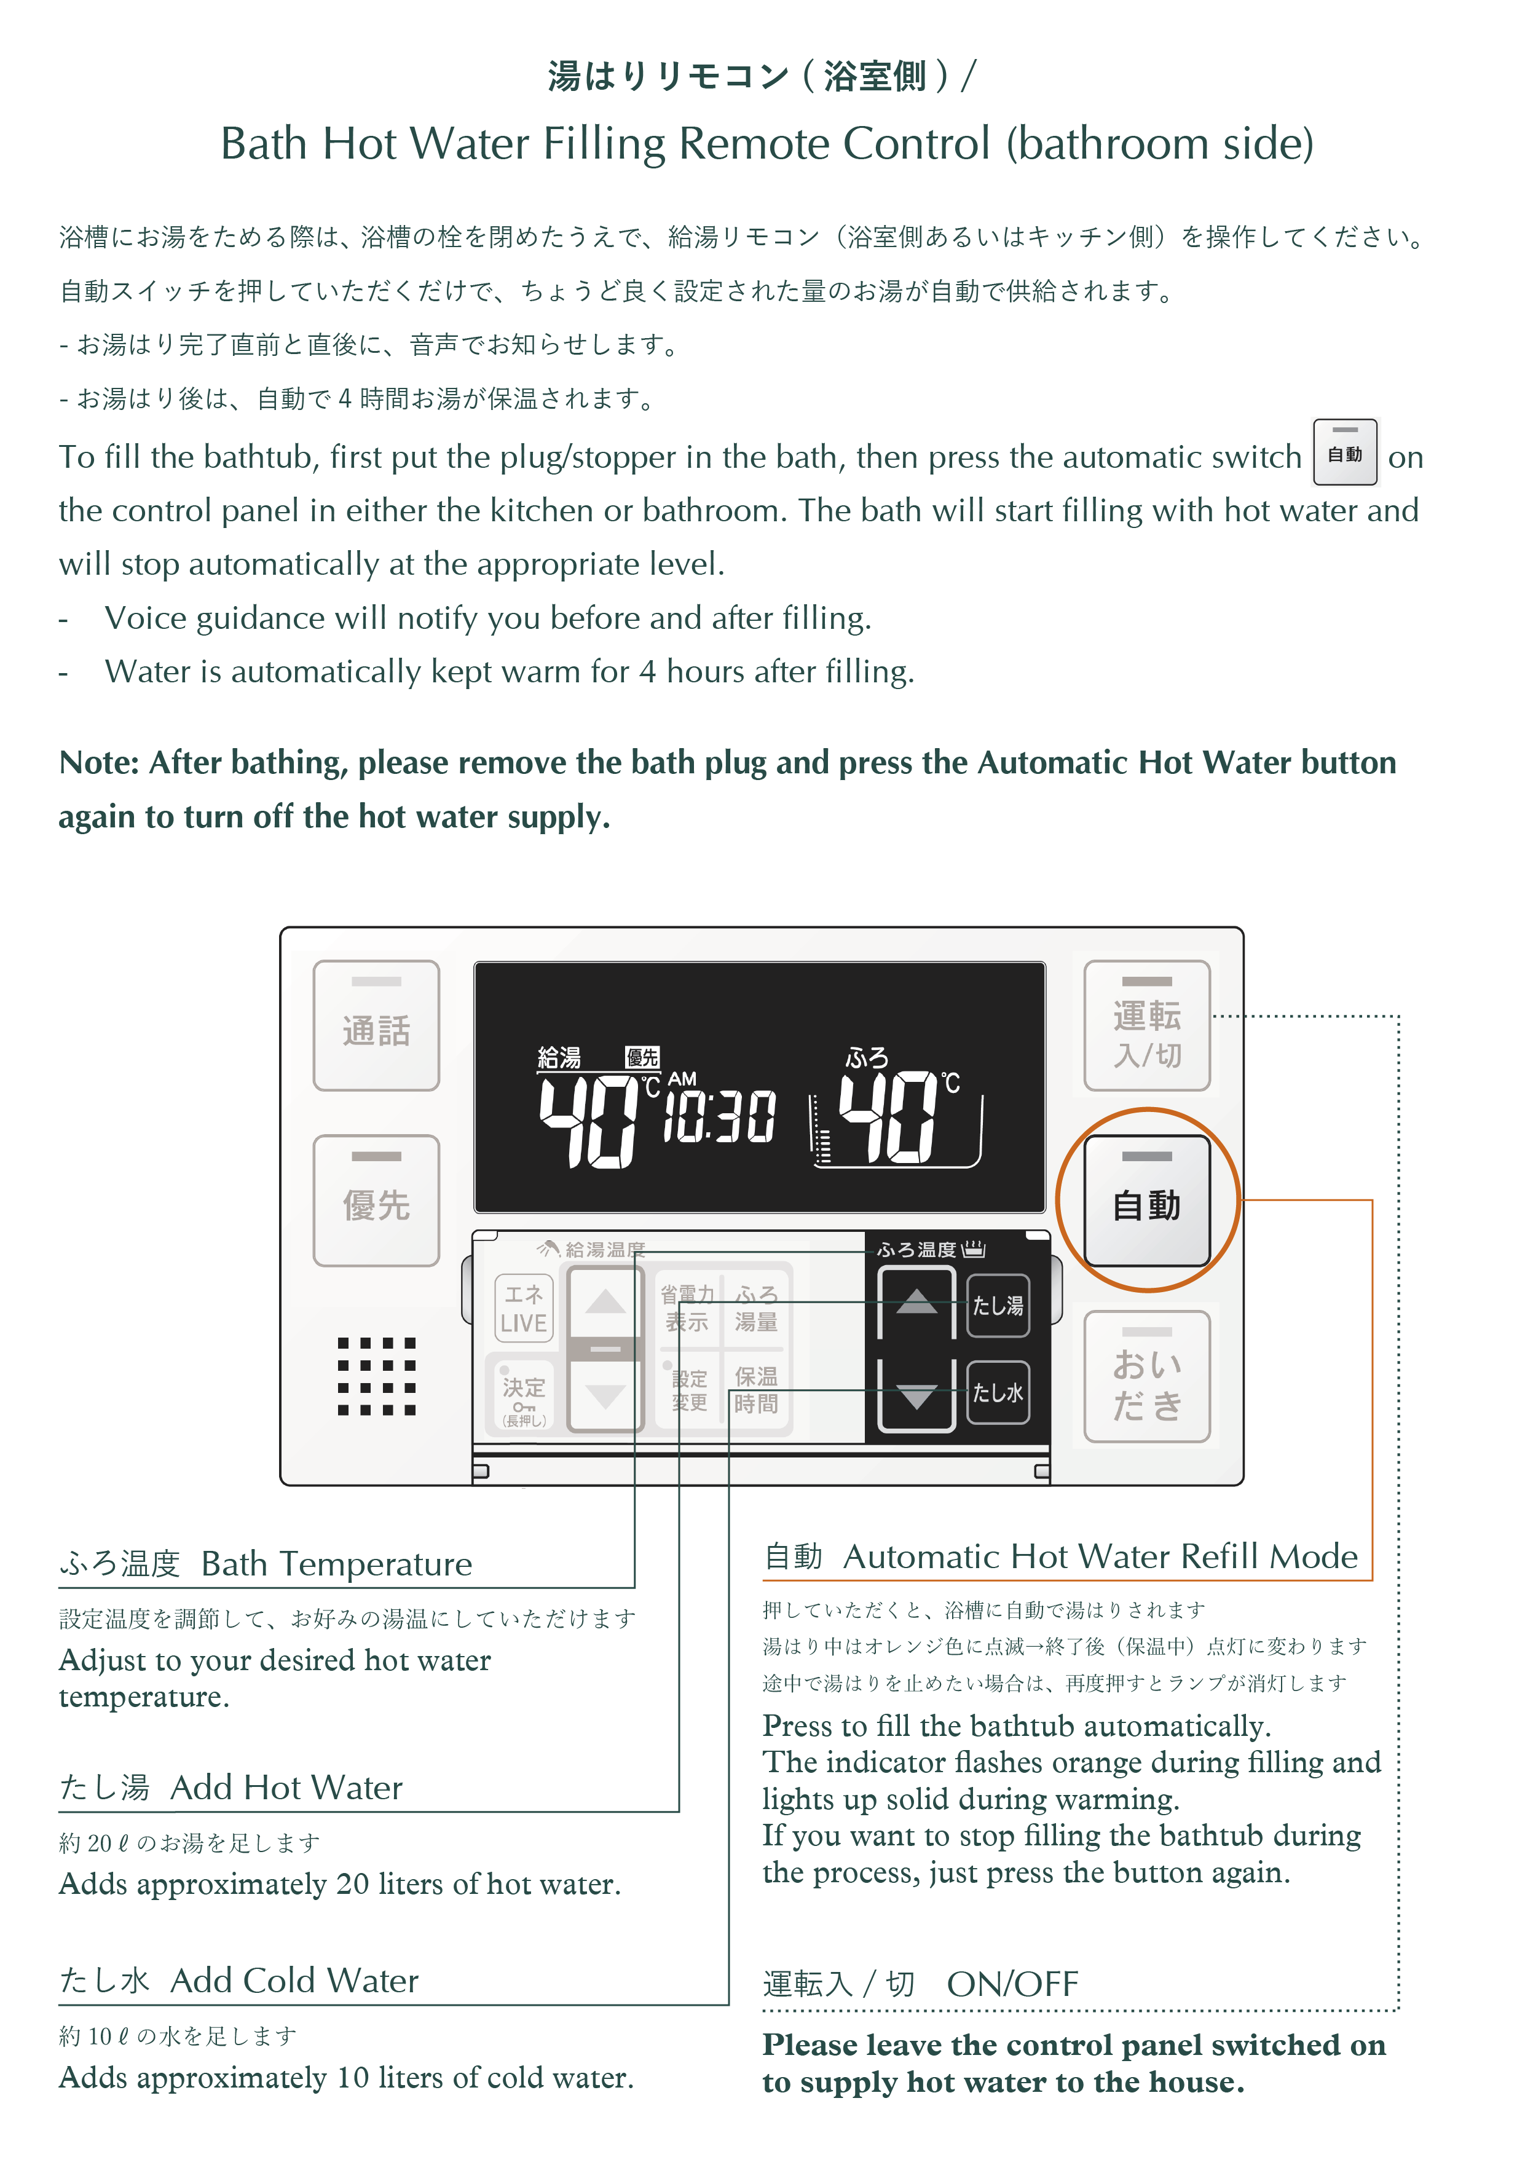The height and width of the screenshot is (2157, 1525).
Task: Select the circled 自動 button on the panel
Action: tap(1146, 1201)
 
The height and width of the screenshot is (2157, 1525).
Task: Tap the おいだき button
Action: tap(1146, 1376)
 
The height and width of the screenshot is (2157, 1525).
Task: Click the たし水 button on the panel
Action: tap(997, 1392)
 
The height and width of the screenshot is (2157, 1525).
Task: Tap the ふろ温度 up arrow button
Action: tap(916, 1302)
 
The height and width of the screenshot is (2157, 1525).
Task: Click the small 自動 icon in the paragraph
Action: tap(1344, 453)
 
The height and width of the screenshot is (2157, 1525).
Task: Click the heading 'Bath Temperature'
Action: tap(336, 1564)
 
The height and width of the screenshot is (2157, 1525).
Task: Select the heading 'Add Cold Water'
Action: tap(294, 1981)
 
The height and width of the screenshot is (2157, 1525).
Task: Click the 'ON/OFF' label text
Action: tap(1012, 1984)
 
